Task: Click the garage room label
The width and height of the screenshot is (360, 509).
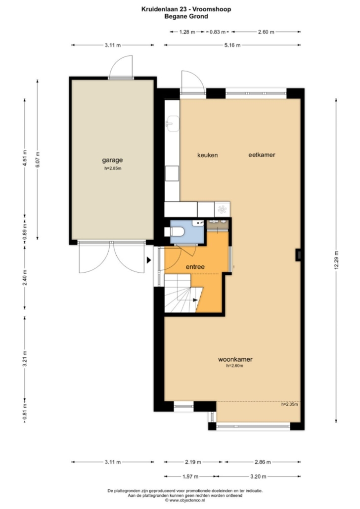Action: click(112, 160)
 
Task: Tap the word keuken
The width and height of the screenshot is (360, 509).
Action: click(208, 155)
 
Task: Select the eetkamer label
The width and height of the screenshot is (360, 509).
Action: click(262, 155)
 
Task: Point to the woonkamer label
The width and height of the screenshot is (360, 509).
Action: click(235, 359)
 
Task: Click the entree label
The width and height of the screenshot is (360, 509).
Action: click(195, 267)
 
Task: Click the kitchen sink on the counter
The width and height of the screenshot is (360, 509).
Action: click(173, 124)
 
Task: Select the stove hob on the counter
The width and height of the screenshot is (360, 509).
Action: click(222, 209)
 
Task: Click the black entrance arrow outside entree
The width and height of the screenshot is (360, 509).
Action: click(149, 260)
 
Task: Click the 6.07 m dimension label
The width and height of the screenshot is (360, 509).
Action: click(38, 160)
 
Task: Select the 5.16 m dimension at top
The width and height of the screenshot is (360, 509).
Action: click(232, 45)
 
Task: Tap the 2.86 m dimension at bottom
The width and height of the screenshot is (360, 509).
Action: click(263, 462)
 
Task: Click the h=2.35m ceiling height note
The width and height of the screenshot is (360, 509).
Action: click(289, 404)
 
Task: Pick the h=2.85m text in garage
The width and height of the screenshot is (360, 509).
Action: click(113, 169)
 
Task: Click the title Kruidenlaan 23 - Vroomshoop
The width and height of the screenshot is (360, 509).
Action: click(186, 9)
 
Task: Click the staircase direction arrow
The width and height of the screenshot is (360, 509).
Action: click(195, 300)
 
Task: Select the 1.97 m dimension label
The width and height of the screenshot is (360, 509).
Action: click(190, 476)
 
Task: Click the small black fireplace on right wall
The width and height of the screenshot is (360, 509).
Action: click(298, 255)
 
